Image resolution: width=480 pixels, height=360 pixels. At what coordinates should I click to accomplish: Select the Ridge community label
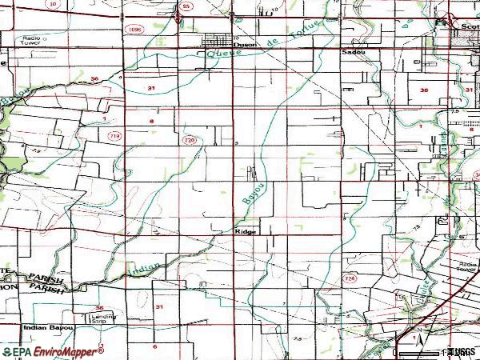pyautogui.click(x=246, y=231)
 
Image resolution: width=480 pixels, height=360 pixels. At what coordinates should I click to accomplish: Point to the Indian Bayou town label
pyautogui.click(x=50, y=328)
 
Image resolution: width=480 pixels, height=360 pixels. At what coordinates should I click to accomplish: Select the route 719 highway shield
pyautogui.click(x=115, y=136)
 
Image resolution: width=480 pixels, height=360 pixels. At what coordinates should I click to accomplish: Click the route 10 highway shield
pyautogui.click(x=54, y=5)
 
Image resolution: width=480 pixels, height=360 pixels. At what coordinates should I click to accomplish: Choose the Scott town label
pyautogui.click(x=468, y=26)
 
